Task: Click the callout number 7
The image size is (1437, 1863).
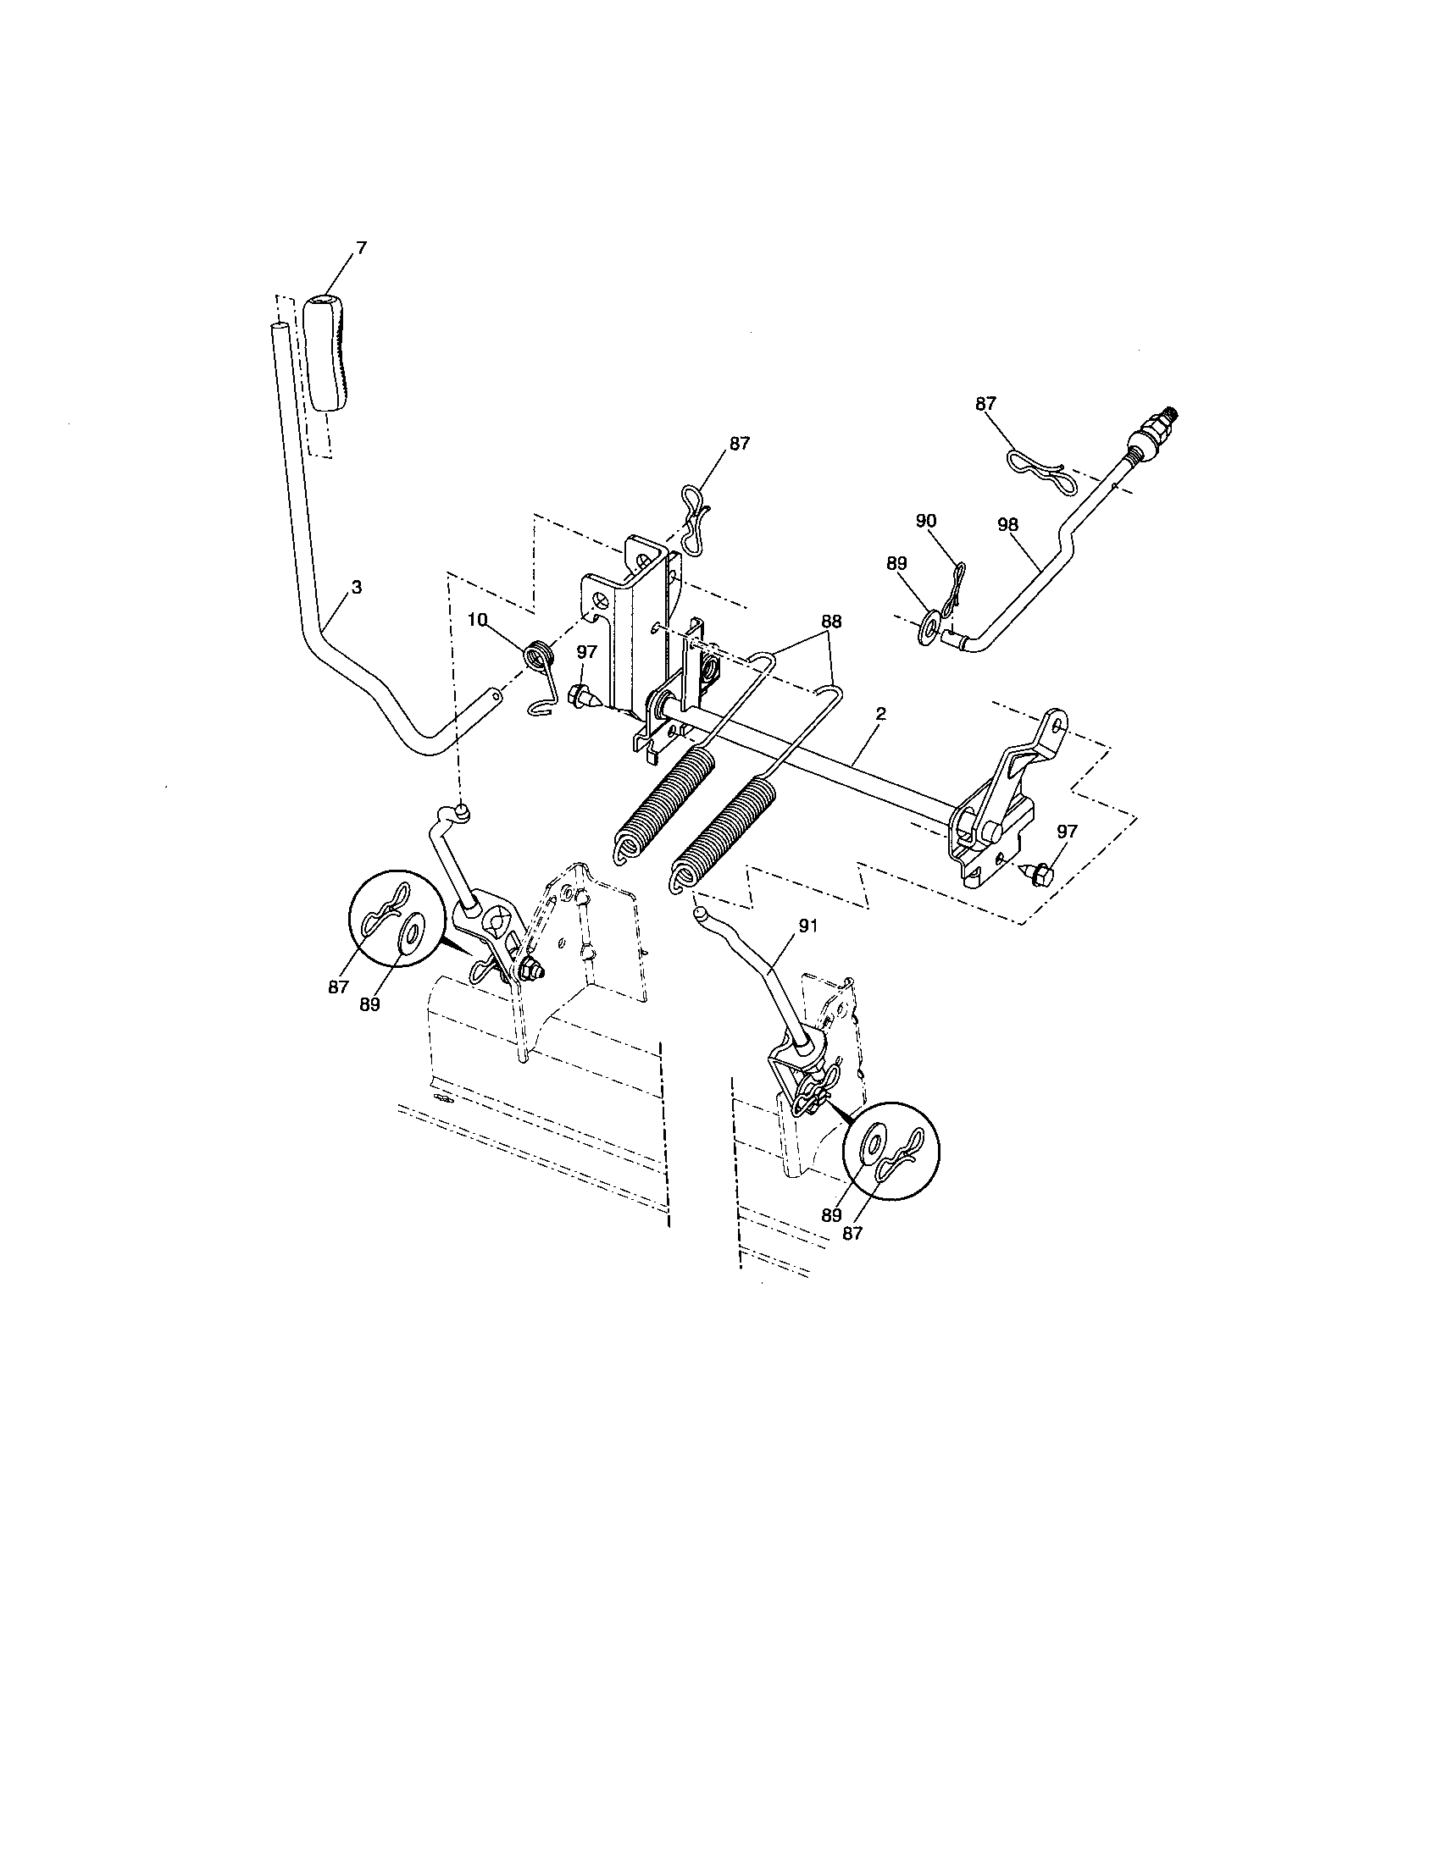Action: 361,247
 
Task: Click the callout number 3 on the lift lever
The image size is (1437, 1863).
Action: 356,587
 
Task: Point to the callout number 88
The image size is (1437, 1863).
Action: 830,622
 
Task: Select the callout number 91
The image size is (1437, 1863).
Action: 807,926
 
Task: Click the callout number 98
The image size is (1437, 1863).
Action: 1007,525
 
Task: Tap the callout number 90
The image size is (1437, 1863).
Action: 926,520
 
